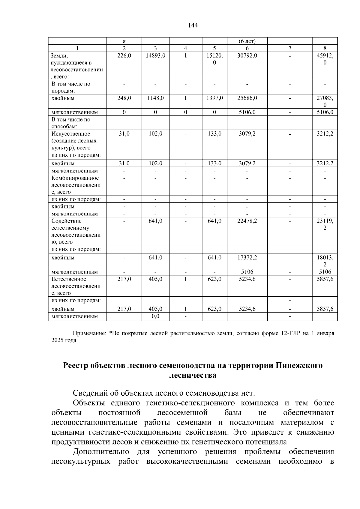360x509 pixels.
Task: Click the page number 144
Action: tap(193, 25)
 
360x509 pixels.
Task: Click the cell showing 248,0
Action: tap(124, 98)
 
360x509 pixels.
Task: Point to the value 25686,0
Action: tap(247, 98)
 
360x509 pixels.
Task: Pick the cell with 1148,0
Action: tap(155, 98)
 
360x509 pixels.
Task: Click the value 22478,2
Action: tap(247, 221)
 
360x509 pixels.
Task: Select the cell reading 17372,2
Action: tap(247, 258)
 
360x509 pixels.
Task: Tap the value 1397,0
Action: tap(214, 98)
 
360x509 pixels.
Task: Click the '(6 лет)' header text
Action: tap(247, 41)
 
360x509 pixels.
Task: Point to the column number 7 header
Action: tap(290, 48)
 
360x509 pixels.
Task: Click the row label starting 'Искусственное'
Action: tap(71, 134)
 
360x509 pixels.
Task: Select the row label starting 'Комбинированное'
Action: tap(75, 178)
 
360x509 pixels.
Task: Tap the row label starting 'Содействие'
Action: tap(66, 221)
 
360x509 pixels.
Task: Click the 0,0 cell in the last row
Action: tap(155, 316)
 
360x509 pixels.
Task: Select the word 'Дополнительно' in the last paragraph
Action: tap(101, 452)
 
